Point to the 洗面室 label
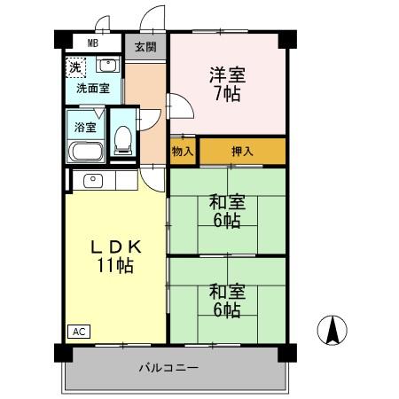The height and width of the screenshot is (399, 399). (92, 89)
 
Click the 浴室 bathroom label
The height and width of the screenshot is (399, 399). (86, 127)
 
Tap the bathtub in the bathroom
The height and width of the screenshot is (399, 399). (86, 150)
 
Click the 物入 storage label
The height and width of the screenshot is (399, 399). (183, 152)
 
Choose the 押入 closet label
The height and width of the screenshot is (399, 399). (241, 152)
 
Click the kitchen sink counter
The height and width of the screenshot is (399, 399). (101, 180)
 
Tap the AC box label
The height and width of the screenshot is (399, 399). (78, 332)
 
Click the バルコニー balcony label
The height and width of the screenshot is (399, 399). (168, 367)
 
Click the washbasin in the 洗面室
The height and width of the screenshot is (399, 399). (106, 66)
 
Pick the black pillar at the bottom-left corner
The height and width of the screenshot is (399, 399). (61, 352)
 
